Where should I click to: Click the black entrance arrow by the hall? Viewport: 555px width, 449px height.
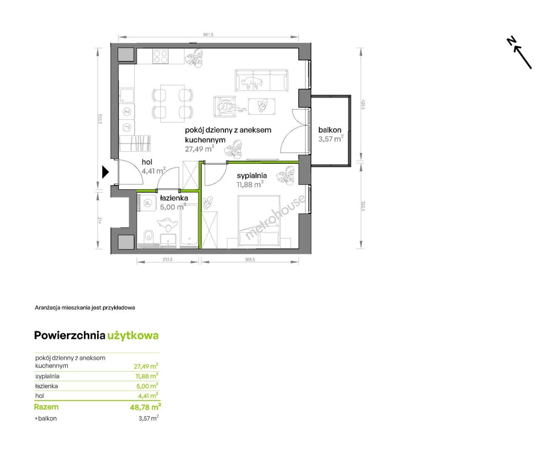[x=105, y=172]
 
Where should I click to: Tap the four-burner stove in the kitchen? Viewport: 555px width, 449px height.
[x=160, y=57]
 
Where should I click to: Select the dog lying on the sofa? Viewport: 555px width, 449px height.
[x=252, y=81]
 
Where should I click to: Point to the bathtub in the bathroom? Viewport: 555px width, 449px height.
[x=189, y=225]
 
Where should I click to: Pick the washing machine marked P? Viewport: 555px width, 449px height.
[x=148, y=202]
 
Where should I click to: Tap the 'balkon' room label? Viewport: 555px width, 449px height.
[x=330, y=130]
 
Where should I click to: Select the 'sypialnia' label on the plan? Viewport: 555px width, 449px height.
[x=252, y=175]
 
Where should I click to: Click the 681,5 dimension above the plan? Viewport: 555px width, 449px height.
[x=208, y=35]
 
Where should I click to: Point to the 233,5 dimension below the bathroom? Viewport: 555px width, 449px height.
[x=167, y=259]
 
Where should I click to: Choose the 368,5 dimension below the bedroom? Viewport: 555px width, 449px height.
[x=249, y=259]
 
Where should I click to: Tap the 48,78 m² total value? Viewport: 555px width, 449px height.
[x=145, y=407]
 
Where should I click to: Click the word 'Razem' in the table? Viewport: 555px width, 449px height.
[x=46, y=407]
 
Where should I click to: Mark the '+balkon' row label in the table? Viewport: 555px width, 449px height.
[x=46, y=419]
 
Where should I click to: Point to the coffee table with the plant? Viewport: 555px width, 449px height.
[x=262, y=106]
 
